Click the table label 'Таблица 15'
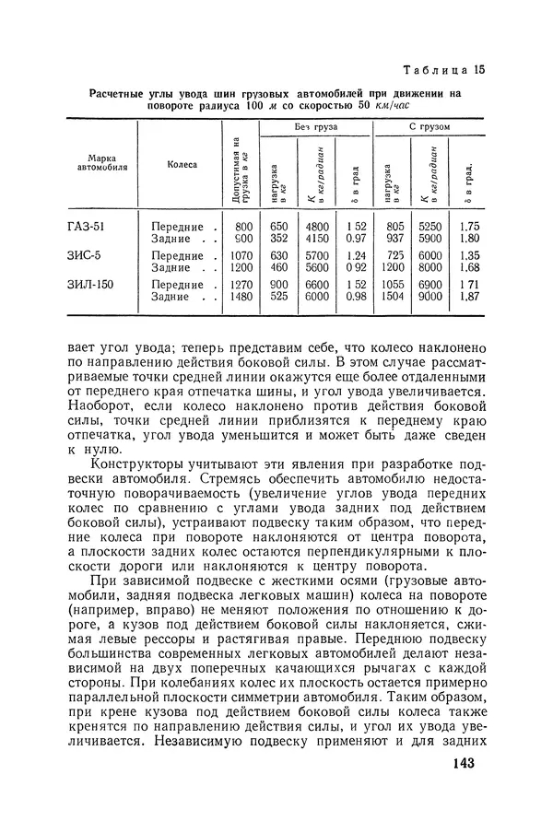coord(445,70)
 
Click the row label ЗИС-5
coord(89,255)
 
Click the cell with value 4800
coord(317,226)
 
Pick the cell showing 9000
coord(430,297)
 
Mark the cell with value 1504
coord(393,297)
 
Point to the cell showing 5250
coord(430,226)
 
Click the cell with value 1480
coord(241,297)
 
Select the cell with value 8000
coord(430,268)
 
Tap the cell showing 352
coord(279,239)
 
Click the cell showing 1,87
coord(469,297)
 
